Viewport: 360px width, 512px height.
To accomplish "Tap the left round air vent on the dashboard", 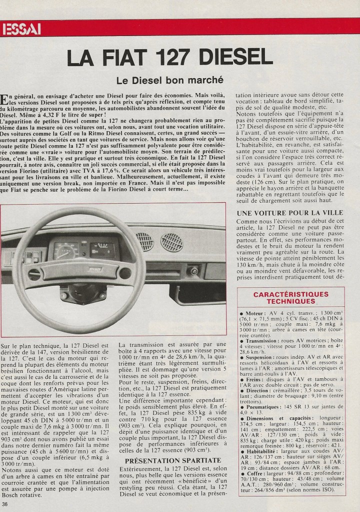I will click(x=144, y=242).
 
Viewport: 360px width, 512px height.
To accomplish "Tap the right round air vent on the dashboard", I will click(x=171, y=243).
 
